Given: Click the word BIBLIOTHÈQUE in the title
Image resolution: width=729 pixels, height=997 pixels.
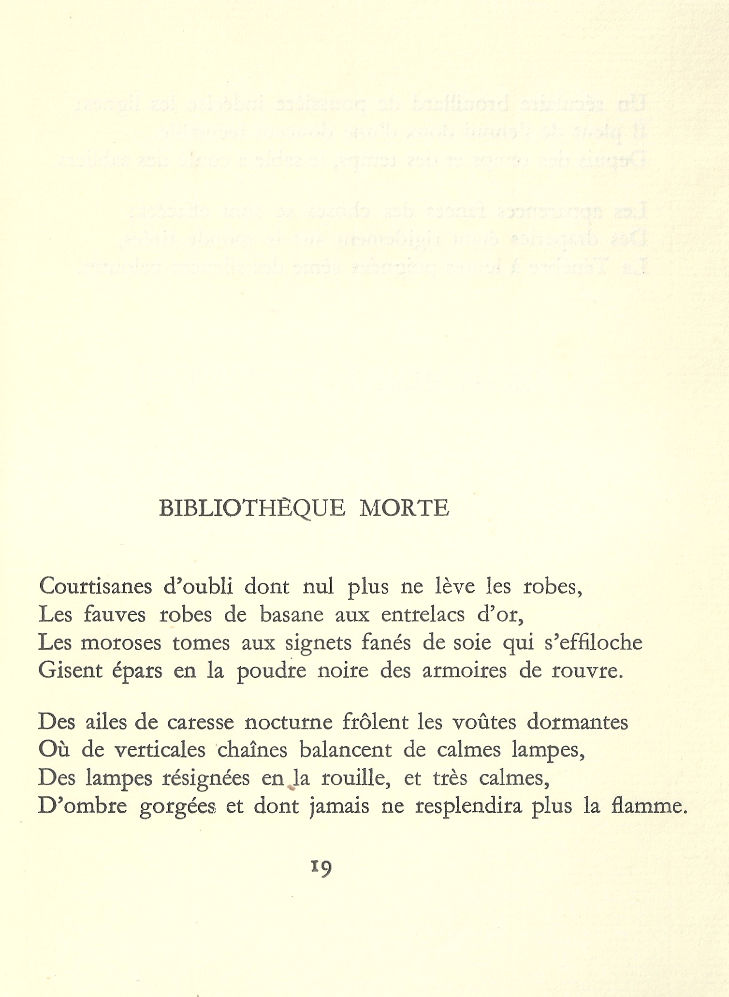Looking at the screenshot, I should pos(252,508).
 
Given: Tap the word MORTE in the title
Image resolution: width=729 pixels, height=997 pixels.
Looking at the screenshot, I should pos(404,508).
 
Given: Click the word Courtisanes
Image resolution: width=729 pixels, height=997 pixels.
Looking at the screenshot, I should pos(96,586).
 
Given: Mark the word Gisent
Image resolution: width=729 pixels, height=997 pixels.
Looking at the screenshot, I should pos(70,670).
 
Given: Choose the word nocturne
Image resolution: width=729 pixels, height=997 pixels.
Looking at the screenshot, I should pos(289,722).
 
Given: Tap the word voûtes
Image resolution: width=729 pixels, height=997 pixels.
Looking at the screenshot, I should pos(484,722).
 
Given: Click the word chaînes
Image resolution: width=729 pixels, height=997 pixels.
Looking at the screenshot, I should pos(252,750).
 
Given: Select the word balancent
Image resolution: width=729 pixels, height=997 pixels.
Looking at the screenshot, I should pos(346,750).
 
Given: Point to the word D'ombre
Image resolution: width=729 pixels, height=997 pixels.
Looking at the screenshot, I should pos(82,806).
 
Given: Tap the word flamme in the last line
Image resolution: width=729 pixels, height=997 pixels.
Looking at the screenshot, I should pos(648,806).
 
